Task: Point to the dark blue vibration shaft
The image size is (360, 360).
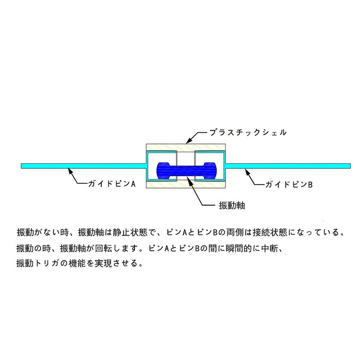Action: tap(186, 171)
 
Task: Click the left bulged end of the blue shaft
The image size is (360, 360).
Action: tap(163, 171)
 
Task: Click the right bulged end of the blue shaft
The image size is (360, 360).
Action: tap(209, 171)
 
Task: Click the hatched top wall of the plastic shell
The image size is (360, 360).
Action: tap(185, 147)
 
